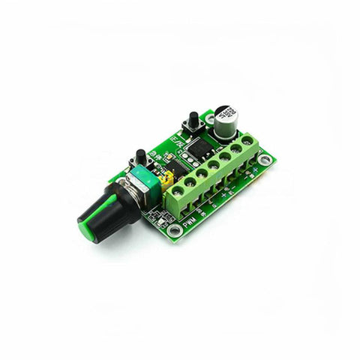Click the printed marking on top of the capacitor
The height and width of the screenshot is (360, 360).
pyautogui.click(x=223, y=113)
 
